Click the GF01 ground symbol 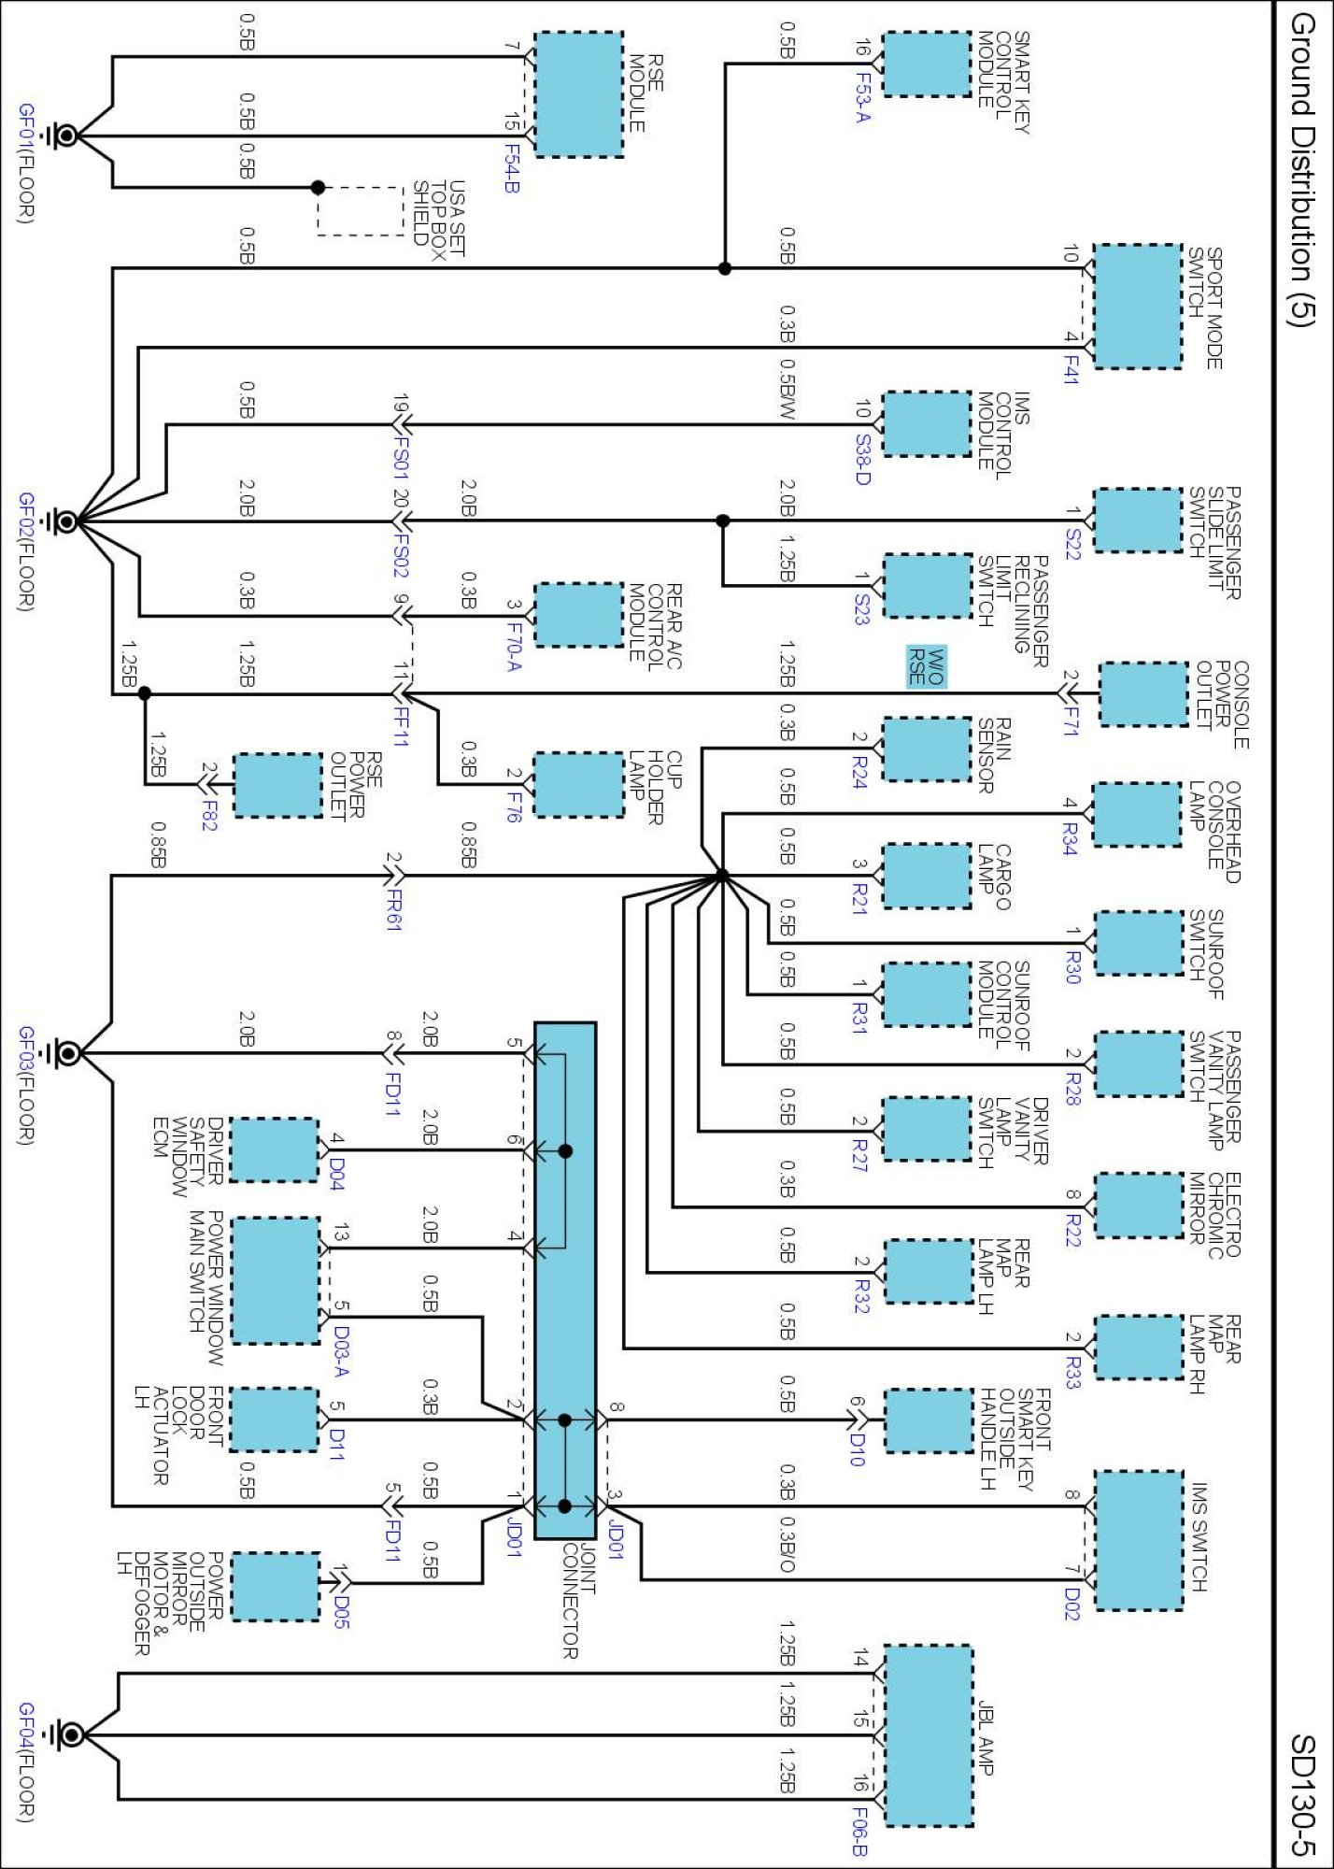[x=64, y=136]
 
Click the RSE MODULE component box [x=578, y=94]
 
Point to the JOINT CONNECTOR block [x=564, y=1280]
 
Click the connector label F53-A [x=861, y=97]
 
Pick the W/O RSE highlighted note [x=927, y=666]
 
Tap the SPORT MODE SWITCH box [x=1137, y=307]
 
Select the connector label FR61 [x=394, y=909]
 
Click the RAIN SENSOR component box [x=927, y=749]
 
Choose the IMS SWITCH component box [x=1138, y=1540]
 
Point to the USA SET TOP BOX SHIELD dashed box [x=361, y=211]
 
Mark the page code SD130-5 [x=1302, y=1794]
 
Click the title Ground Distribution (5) [x=1302, y=169]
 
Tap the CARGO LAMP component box [x=927, y=876]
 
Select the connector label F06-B [x=859, y=1829]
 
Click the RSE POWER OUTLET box [x=277, y=785]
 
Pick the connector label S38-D [x=861, y=459]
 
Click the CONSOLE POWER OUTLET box [x=1143, y=694]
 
